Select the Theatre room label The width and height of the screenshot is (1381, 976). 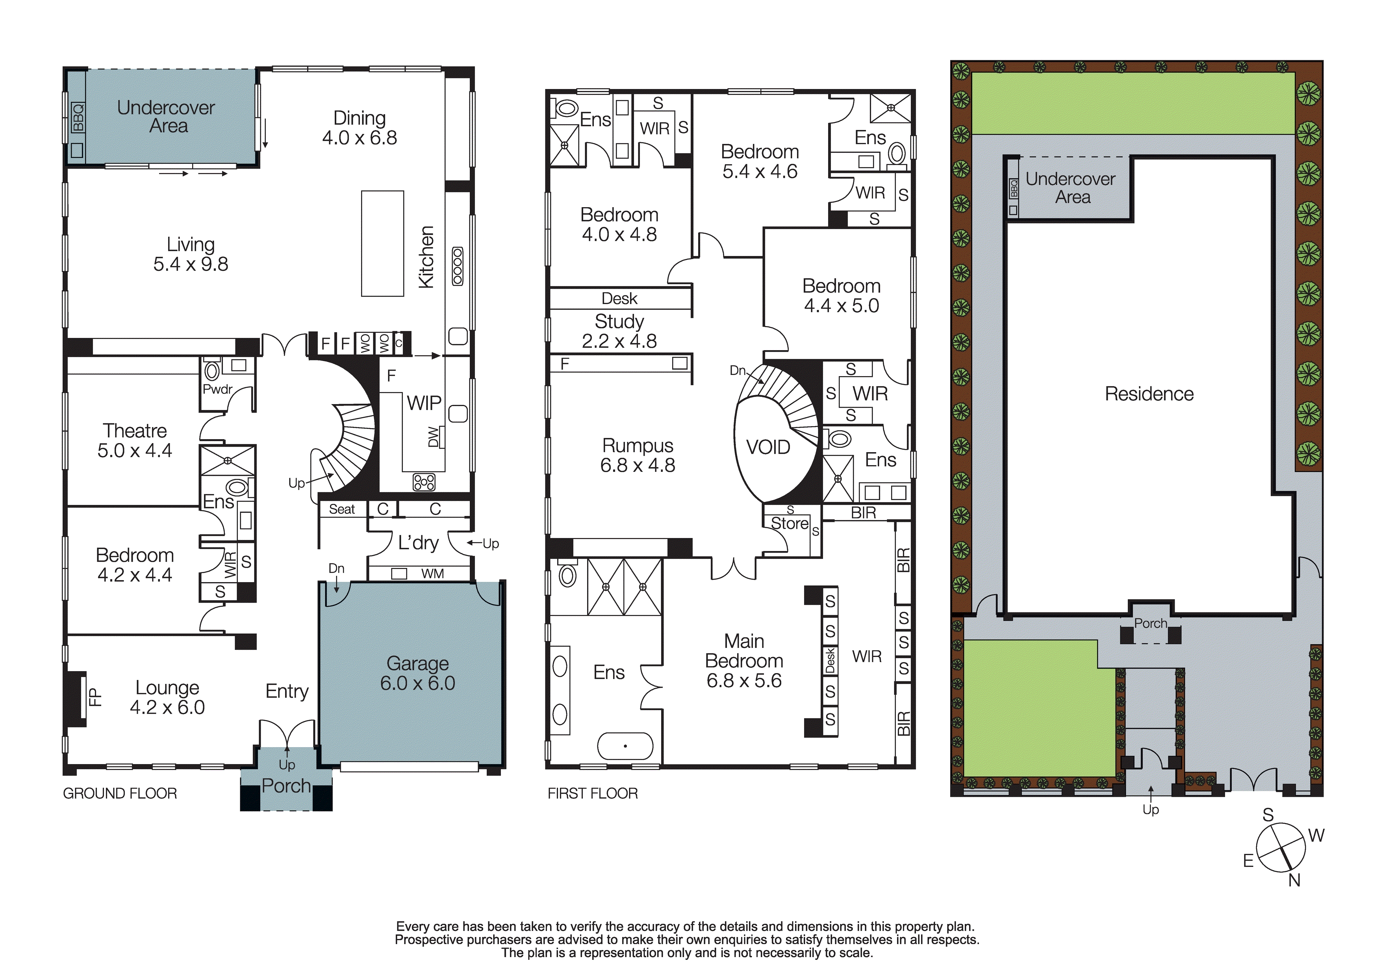135,431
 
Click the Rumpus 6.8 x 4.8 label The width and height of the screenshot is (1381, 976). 638,455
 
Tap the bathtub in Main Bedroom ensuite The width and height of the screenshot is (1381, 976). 625,746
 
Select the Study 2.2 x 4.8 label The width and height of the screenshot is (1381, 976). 619,331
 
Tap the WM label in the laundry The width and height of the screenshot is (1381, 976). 432,574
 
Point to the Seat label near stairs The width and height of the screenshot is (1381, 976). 342,509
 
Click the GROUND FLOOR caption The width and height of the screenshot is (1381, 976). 120,793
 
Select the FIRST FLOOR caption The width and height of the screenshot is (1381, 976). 593,793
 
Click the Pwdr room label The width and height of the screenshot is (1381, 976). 217,389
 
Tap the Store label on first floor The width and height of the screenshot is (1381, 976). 789,523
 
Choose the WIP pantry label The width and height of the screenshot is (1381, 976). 424,403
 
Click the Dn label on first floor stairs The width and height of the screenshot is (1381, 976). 738,371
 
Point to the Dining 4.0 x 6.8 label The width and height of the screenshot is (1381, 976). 359,128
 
